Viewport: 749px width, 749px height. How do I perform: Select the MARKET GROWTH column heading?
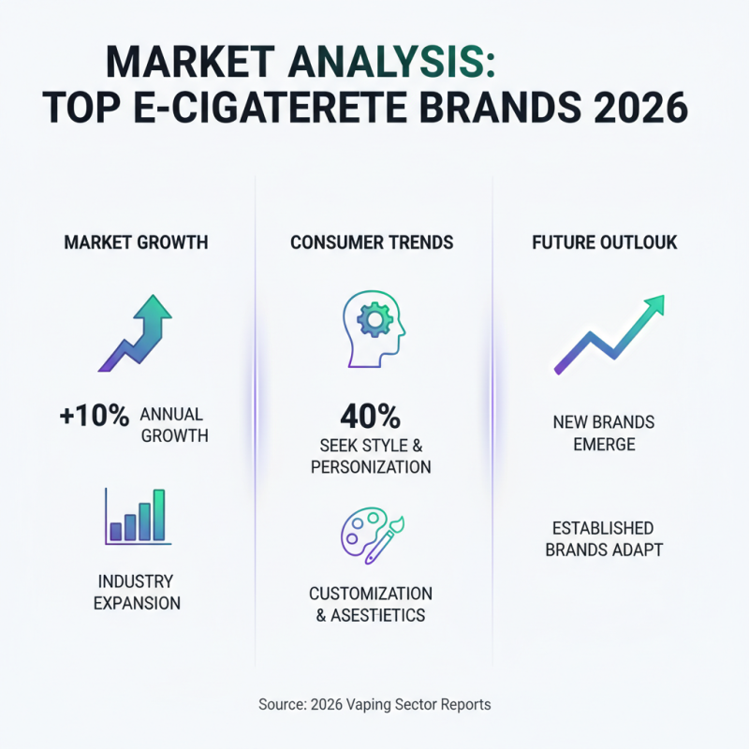coord(136,242)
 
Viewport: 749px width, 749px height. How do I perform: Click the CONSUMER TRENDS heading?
coord(372,242)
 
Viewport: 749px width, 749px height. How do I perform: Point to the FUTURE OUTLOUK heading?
coord(604,242)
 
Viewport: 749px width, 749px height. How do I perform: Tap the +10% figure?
coord(94,417)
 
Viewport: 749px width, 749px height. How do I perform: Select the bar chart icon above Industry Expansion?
coord(138,516)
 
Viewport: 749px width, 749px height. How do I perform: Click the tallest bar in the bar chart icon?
coord(159,515)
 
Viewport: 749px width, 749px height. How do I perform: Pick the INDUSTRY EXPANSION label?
coord(136,592)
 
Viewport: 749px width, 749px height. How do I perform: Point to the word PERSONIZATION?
coord(372,466)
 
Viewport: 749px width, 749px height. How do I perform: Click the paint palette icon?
coord(372,536)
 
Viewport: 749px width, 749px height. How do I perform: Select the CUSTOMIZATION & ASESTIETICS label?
coord(371,604)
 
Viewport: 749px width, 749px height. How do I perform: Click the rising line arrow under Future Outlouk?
coord(609,334)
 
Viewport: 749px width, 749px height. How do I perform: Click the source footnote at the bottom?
coord(374,704)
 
